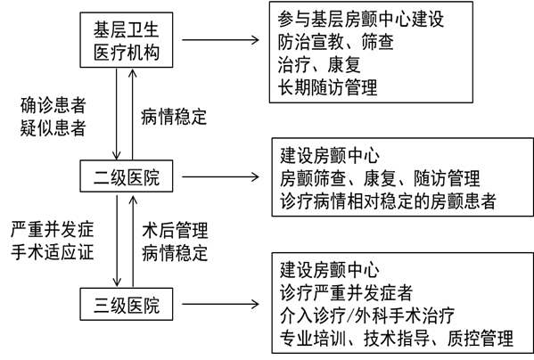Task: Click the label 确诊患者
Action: (53, 105)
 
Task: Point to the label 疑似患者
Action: (53, 127)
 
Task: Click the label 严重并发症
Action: (52, 229)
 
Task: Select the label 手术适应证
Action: (52, 252)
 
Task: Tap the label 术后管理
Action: (175, 231)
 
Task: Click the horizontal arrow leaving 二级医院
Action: (221, 176)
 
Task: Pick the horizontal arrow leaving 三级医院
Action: (221, 304)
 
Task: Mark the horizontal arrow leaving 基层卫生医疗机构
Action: (221, 40)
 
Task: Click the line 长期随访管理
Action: (327, 87)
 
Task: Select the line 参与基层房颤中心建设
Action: (361, 19)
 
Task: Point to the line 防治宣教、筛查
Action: (335, 42)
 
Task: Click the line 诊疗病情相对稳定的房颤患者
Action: (388, 201)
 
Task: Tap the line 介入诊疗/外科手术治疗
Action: (367, 315)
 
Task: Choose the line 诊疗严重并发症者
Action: (347, 292)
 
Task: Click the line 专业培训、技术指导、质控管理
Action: (397, 339)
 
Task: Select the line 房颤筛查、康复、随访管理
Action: (380, 178)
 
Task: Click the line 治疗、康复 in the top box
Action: (319, 65)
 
